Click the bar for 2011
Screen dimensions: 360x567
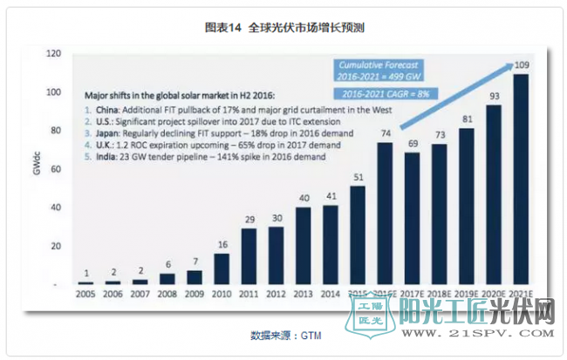point(249,257)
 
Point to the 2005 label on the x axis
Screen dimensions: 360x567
point(84,296)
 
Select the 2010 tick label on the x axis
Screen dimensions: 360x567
point(222,296)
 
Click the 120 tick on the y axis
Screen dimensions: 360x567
point(54,54)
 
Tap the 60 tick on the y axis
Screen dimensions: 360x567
point(54,169)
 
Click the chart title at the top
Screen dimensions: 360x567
point(283,28)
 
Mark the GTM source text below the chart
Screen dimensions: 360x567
point(283,335)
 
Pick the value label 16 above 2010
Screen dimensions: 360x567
point(222,243)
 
